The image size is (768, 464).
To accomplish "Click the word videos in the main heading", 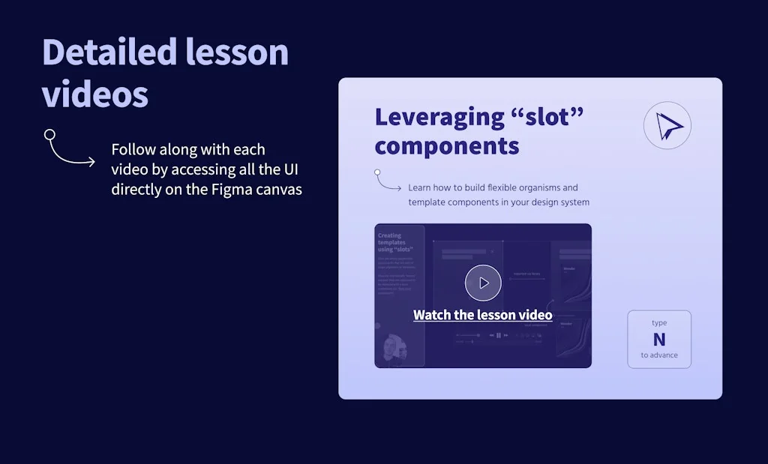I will pyautogui.click(x=94, y=95).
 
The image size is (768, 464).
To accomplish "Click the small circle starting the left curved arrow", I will pyautogui.click(x=49, y=135).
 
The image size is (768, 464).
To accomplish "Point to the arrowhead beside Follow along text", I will pyautogui.click(x=91, y=161).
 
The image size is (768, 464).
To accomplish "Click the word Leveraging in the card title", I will pyautogui.click(x=439, y=118).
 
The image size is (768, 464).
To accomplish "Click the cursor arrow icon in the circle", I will pyautogui.click(x=667, y=126).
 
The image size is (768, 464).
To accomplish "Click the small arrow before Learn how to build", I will pyautogui.click(x=397, y=188).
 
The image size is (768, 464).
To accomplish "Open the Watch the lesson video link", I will pyautogui.click(x=482, y=315).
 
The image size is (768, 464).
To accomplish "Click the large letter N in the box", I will pyautogui.click(x=659, y=340).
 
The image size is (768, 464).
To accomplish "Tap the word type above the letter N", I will pyautogui.click(x=659, y=323).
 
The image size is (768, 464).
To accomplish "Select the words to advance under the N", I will pyautogui.click(x=659, y=355).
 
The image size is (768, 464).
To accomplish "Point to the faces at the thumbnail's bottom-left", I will pyautogui.click(x=396, y=349).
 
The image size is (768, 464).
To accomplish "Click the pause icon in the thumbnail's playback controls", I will pyautogui.click(x=497, y=335).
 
